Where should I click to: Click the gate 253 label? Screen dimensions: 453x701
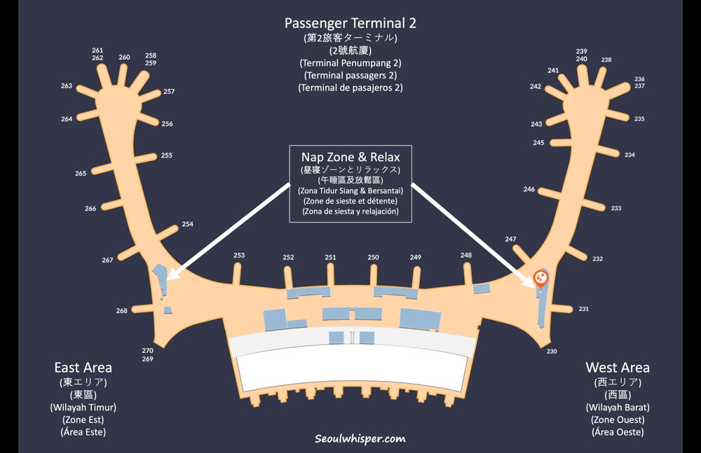(x=239, y=256)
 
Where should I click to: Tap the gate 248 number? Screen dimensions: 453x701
(x=466, y=255)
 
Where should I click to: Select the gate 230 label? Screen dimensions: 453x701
(x=552, y=351)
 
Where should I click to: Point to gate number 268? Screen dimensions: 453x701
(x=122, y=311)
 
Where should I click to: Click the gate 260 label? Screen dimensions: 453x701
(x=124, y=57)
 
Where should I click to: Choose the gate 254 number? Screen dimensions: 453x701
(x=187, y=224)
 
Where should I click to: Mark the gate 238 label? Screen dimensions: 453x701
(x=606, y=60)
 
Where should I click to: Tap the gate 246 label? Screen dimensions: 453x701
(x=529, y=189)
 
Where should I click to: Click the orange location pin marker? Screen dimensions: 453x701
(x=540, y=279)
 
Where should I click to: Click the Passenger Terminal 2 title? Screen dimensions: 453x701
(x=350, y=22)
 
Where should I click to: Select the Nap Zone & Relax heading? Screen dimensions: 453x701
(x=350, y=157)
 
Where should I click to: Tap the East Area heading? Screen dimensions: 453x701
(x=83, y=368)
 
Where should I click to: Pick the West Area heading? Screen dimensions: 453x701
(x=618, y=368)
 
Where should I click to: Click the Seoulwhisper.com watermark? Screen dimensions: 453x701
(x=360, y=439)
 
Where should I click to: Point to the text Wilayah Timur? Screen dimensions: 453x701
(x=83, y=407)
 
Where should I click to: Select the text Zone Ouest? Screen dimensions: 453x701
(x=618, y=419)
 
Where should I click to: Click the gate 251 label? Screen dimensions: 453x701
(x=330, y=257)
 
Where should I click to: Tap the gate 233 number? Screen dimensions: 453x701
(x=616, y=208)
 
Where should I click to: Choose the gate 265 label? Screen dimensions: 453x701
(x=81, y=173)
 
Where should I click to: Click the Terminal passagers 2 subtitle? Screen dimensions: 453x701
(x=350, y=75)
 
